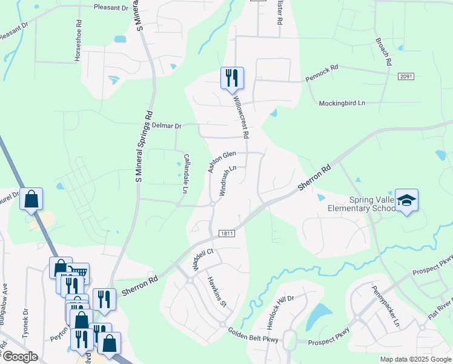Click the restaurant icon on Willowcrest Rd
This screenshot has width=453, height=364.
click(232, 78)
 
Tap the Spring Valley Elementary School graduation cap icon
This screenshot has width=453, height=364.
click(406, 200)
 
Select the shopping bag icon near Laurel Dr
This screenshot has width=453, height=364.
click(31, 198)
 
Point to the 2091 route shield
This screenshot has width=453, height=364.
click(406, 76)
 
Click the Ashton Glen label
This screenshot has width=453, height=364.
click(221, 162)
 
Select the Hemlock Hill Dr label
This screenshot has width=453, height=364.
click(280, 309)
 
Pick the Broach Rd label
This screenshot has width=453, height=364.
click(384, 52)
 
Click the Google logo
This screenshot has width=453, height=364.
click(20, 357)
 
